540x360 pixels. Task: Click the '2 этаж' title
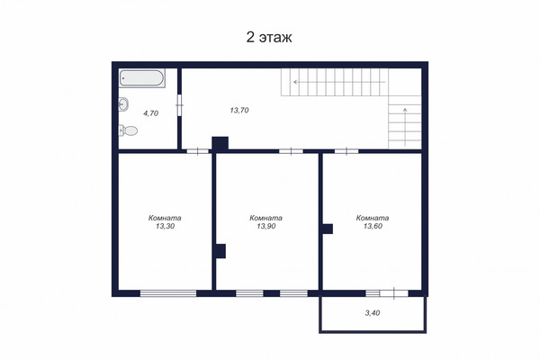[x=269, y=37]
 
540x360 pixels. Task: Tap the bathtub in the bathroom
[x=142, y=78]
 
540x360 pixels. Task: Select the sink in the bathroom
[x=123, y=104]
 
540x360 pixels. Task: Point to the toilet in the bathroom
[x=128, y=130]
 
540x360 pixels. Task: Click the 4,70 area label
[x=151, y=113]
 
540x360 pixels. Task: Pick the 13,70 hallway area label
[x=239, y=110]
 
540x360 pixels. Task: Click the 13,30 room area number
[x=165, y=226]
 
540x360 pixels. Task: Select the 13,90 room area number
[x=266, y=226]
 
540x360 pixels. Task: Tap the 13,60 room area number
[x=373, y=226]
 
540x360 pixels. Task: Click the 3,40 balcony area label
[x=373, y=313]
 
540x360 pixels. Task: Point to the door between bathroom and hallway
[x=179, y=104]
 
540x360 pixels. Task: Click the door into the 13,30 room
[x=198, y=151]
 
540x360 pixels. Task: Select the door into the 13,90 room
[x=291, y=151]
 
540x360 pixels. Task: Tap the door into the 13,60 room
[x=346, y=151]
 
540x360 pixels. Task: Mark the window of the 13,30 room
[x=168, y=293]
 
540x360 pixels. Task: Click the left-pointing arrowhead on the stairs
[x=295, y=82]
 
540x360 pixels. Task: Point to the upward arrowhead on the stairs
[x=405, y=110]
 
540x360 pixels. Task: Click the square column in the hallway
[x=220, y=144]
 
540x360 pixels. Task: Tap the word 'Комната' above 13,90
[x=265, y=218]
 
